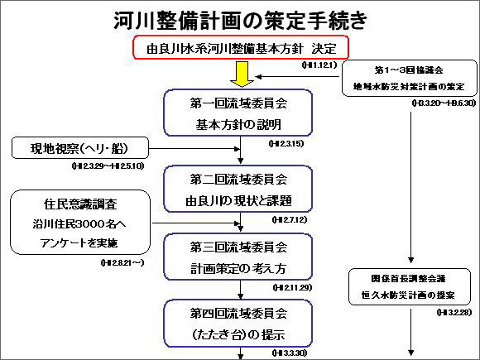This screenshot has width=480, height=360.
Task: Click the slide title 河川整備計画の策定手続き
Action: coord(240,18)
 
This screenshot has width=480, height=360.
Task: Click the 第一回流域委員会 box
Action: coord(239,113)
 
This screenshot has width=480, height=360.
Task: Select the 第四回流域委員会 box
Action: coord(239,324)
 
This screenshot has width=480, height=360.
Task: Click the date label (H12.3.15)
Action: coord(287,143)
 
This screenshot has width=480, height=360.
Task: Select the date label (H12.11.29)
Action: coord(289,287)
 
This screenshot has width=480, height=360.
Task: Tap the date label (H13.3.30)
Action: coord(287,353)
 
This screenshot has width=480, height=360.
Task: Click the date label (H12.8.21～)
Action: coord(121,262)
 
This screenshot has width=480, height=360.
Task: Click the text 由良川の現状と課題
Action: coord(239,200)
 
